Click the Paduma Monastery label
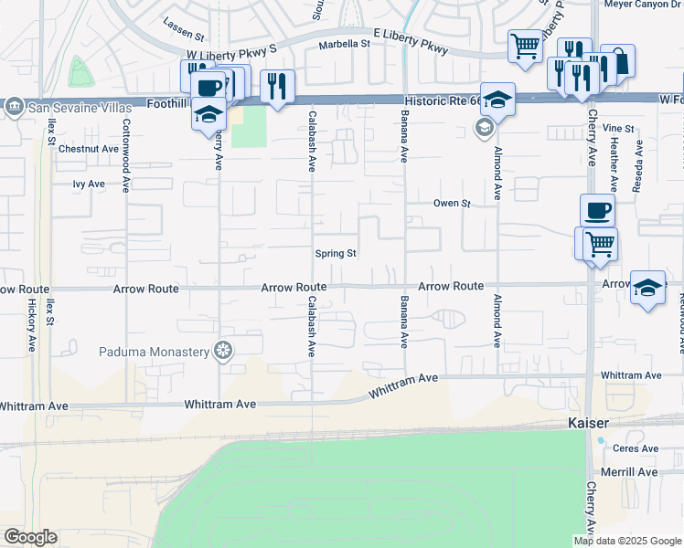[x=155, y=351]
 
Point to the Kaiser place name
[x=581, y=423]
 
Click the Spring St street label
[x=335, y=254]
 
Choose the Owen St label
[x=451, y=204]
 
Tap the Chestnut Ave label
[x=88, y=148]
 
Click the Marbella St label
[x=344, y=44]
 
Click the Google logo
[x=30, y=536]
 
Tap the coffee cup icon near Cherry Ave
[x=597, y=211]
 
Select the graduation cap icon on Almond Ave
[x=497, y=100]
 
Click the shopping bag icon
[x=619, y=61]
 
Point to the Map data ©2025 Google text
[x=627, y=541]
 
